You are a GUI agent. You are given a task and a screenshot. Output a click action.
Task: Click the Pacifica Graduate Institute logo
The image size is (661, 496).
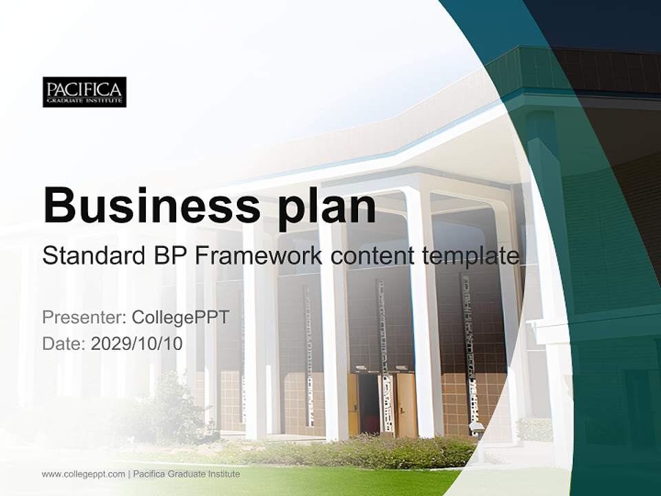pyautogui.click(x=84, y=92)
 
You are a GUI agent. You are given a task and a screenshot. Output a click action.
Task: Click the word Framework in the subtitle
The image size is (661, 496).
pyautogui.click(x=259, y=256)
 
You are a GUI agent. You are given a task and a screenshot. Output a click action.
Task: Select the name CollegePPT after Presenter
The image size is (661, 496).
pyautogui.click(x=180, y=318)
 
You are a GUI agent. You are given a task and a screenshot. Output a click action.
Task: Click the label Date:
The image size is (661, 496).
pyautogui.click(x=64, y=343)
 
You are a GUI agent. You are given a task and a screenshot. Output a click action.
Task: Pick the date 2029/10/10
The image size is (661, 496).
pyautogui.click(x=137, y=343)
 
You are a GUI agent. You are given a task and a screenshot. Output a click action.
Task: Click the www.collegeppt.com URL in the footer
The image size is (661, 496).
pyautogui.click(x=83, y=474)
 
